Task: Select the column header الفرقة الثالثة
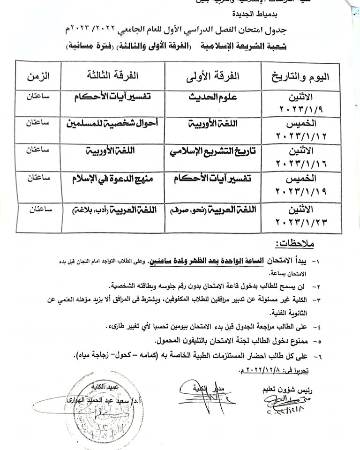tap(112, 75)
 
